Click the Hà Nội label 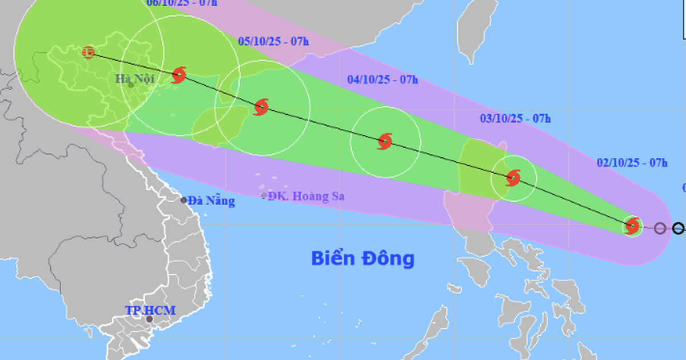(x=135, y=79)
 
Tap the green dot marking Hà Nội (x=131, y=85)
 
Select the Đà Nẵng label (x=211, y=201)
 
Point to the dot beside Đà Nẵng (x=184, y=200)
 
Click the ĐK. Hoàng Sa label (x=307, y=197)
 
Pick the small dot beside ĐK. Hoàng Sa (x=264, y=196)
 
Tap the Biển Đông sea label (x=362, y=258)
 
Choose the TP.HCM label (x=150, y=311)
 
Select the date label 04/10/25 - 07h (x=382, y=79)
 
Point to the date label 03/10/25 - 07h (x=515, y=119)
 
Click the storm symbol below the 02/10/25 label (x=632, y=226)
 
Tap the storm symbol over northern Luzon (x=513, y=178)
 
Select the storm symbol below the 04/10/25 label (x=385, y=141)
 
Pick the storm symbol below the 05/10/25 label (x=261, y=107)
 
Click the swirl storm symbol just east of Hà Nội (x=179, y=74)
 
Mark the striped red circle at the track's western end (x=88, y=53)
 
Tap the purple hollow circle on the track (x=660, y=229)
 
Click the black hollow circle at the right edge (x=679, y=229)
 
